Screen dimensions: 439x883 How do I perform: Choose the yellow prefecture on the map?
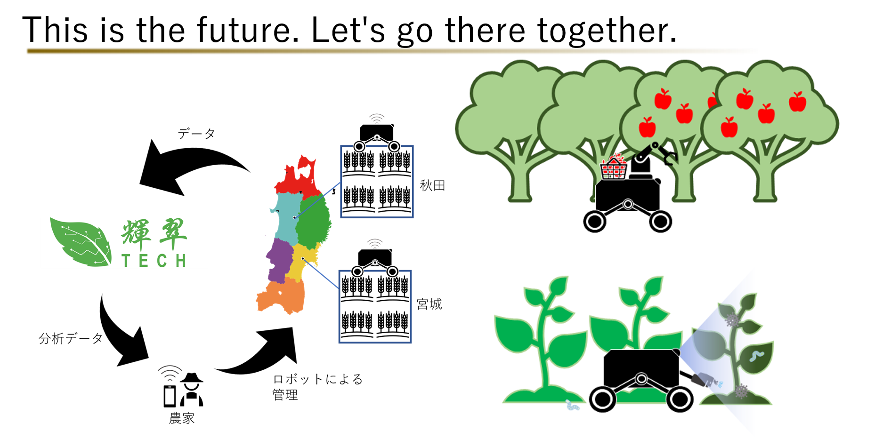pyautogui.click(x=300, y=263)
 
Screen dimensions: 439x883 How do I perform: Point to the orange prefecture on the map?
pyautogui.click(x=283, y=296)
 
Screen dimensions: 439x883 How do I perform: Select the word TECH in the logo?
pyautogui.click(x=154, y=260)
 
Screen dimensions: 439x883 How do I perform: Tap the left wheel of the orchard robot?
pyautogui.click(x=595, y=221)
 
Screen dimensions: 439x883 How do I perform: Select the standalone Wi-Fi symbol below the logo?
pyautogui.click(x=170, y=373)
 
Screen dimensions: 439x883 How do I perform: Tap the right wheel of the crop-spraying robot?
pyautogui.click(x=680, y=399)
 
